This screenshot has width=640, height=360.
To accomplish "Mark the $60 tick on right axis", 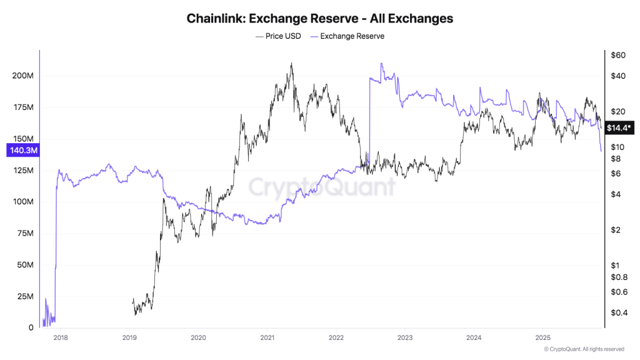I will coord(618,56).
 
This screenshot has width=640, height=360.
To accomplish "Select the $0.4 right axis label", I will coord(618,312).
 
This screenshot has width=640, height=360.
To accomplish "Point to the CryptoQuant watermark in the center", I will coord(322,186).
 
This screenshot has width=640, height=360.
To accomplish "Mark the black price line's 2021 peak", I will coord(291,63).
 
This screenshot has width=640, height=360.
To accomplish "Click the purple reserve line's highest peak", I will coord(381,63).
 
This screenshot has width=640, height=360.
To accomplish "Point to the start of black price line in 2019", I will coord(132,302).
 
